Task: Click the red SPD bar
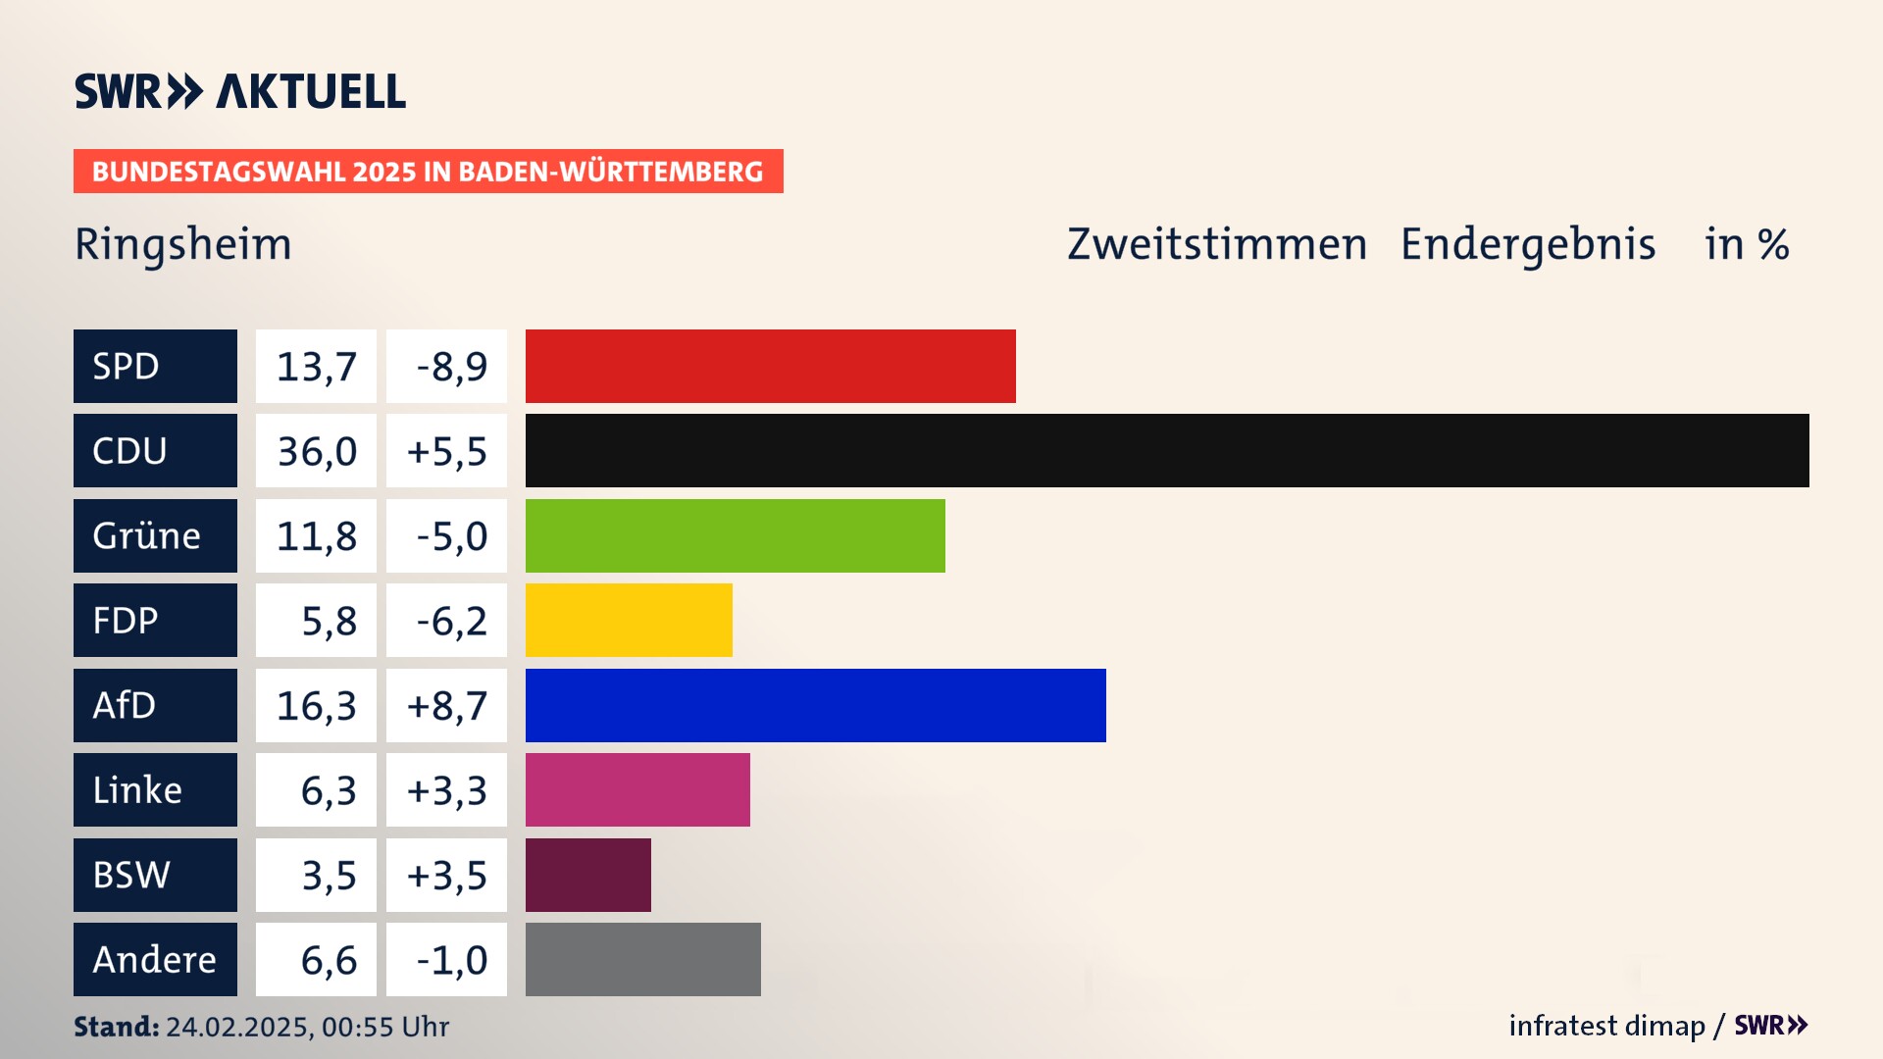[x=770, y=366]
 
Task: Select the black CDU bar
[x=1167, y=451]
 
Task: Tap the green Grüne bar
[x=736, y=535]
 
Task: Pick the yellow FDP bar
[x=629, y=620]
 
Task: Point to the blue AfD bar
[x=815, y=705]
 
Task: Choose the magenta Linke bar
[x=637, y=789]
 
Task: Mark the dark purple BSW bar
[x=588, y=875]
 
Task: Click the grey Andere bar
[x=643, y=959]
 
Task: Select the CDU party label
[x=155, y=451]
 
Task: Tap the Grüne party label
[x=155, y=535]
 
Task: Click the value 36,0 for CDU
[x=316, y=451]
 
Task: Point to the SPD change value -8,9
[x=447, y=366]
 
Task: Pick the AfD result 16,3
[x=316, y=705]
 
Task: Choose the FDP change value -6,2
[x=447, y=620]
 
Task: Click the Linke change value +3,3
[x=447, y=789]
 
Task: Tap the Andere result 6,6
[x=316, y=959]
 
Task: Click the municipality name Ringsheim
[x=183, y=244]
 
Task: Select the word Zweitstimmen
[x=1217, y=244]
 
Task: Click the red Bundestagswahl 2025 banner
[x=428, y=172]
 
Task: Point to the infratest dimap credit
[x=1606, y=1026]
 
